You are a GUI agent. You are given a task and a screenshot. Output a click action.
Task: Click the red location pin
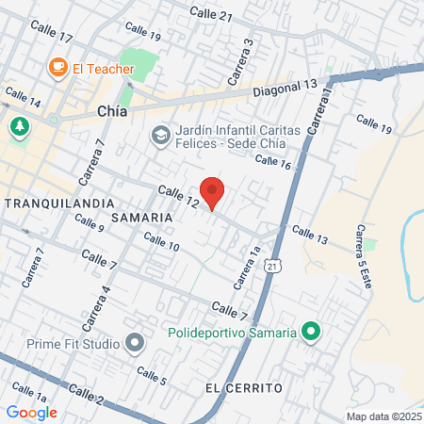(x=213, y=191)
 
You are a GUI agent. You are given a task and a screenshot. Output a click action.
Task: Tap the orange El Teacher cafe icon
(x=57, y=67)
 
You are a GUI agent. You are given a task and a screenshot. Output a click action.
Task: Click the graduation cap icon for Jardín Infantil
(x=159, y=138)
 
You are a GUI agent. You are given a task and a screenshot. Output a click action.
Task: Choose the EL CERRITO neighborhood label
(x=244, y=388)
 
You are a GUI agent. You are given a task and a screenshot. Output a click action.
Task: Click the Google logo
(x=32, y=412)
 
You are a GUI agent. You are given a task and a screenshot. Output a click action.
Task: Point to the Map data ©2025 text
(x=383, y=416)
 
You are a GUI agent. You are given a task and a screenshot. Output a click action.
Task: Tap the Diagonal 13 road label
(x=285, y=88)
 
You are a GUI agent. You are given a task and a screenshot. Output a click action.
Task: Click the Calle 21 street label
(x=210, y=14)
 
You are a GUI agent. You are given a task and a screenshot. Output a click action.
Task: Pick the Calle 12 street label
(x=178, y=196)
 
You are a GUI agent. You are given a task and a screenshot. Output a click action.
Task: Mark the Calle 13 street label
(x=309, y=235)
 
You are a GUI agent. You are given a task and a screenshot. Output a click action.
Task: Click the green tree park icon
(x=19, y=126)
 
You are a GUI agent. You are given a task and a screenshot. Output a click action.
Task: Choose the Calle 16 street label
(x=272, y=161)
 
